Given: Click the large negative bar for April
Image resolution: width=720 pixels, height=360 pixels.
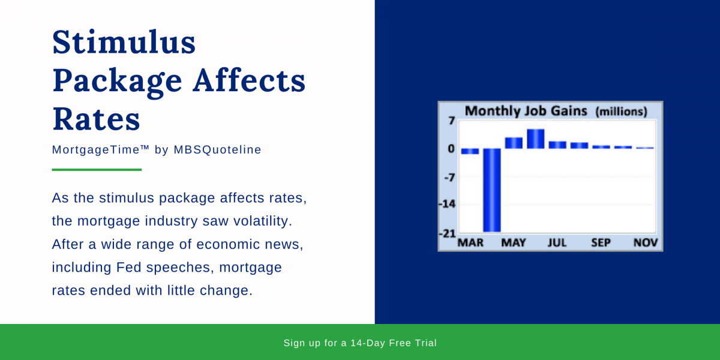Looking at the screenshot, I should coord(491,190).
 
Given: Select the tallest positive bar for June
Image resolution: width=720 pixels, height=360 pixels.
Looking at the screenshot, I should coord(535,139).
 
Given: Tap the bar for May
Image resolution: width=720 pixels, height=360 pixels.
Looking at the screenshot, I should coord(514,143).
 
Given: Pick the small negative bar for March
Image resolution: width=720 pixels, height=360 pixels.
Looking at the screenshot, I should coord(470,151).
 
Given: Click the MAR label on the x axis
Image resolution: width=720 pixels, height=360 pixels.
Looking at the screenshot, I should coord(470,243).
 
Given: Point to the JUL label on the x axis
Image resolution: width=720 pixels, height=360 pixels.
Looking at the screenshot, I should coord(557,243).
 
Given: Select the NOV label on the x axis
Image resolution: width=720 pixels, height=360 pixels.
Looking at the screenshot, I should coord(646,243).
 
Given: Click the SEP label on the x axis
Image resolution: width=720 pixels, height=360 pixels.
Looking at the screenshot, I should coord(601,243).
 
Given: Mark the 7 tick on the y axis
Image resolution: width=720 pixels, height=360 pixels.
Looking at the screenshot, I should coord(451,121).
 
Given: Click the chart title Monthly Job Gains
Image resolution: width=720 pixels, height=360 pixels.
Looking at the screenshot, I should coord(526,111).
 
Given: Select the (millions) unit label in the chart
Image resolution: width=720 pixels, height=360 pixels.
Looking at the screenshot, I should coord(621,112).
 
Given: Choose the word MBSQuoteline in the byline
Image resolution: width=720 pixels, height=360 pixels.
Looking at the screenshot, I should coord(217,149).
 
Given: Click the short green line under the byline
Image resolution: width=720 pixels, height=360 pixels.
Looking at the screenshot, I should coord(97,170).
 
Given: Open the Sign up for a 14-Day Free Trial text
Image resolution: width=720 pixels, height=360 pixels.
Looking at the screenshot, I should coord(360,343).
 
